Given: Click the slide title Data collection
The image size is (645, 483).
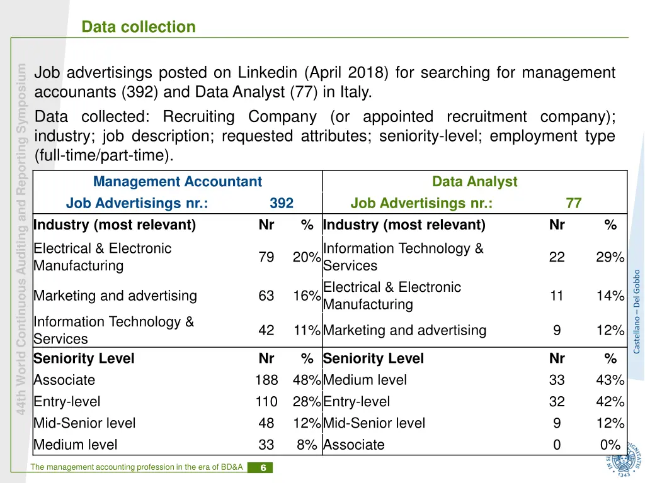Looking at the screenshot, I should coord(139,27).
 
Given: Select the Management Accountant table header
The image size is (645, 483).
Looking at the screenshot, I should coord(177,182).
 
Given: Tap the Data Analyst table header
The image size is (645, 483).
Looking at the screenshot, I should coord(474,182).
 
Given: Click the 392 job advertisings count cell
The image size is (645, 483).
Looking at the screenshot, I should coord(282,203).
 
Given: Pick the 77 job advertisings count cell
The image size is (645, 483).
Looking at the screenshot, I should coord(573,203).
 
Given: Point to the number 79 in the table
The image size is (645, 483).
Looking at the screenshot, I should coord(266,257).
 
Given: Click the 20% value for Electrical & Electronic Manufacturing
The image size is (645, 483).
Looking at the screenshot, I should coord(307,257).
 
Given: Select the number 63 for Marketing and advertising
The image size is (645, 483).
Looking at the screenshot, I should coord(266,296).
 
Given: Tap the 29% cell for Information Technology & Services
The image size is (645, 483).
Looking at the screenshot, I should coord(610,257).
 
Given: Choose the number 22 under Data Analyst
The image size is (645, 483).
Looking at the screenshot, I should coord(557,257).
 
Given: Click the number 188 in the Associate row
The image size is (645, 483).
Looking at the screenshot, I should coord(266,380).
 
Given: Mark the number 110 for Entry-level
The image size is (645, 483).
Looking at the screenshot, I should coord(266,402).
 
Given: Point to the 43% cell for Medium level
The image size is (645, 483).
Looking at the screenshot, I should coord(610,380).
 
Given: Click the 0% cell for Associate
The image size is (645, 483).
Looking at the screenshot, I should coord(610,445).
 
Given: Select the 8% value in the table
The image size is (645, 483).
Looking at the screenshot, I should coord(307,445).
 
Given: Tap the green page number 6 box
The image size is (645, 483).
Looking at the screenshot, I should coord(260,467).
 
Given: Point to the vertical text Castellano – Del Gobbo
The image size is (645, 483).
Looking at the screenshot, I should coord(636,311).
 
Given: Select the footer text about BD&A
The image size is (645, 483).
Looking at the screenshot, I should coord(138,467).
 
